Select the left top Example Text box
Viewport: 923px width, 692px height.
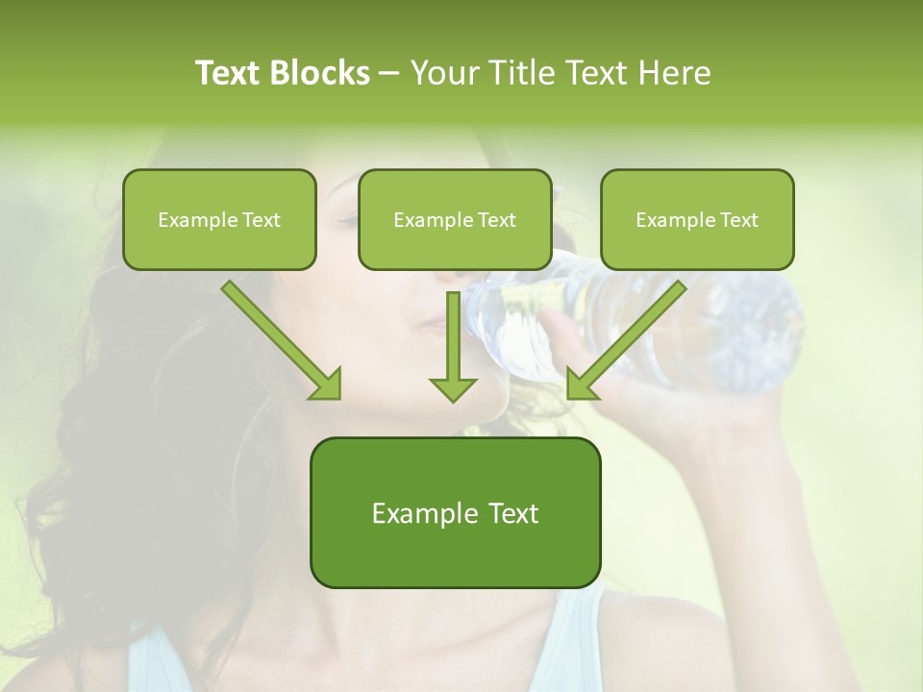point(219,219)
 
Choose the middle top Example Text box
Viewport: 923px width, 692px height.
point(455,219)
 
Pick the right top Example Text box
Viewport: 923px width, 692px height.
point(697,219)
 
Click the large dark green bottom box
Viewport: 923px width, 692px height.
point(455,512)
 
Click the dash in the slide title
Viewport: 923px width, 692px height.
point(390,73)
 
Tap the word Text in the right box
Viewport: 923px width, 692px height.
point(738,220)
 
